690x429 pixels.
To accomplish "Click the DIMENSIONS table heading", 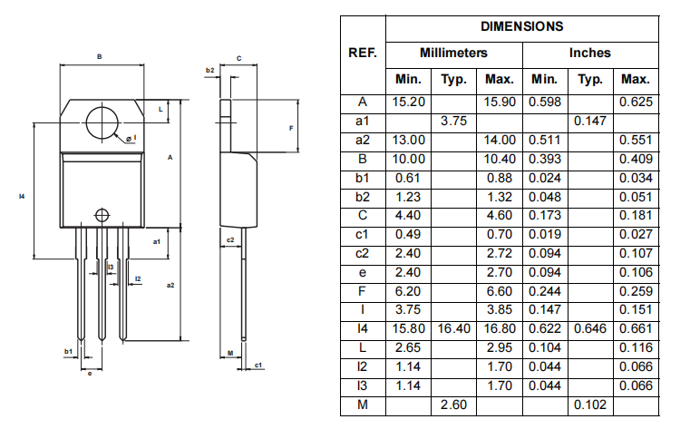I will click(x=521, y=27).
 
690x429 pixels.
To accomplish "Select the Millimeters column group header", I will click(x=453, y=54).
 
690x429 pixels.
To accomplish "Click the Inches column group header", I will click(x=589, y=54).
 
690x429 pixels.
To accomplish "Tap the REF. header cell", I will click(x=363, y=54).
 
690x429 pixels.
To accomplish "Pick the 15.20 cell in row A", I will click(x=409, y=102).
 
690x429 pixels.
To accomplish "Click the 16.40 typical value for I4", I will click(x=453, y=328).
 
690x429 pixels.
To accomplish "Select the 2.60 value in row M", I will click(x=453, y=405).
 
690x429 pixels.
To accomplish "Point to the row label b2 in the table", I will click(x=363, y=196).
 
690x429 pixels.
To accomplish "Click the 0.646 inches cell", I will click(x=589, y=328).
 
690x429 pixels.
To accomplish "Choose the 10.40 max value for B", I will click(x=500, y=159).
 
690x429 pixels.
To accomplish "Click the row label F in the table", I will click(x=363, y=290).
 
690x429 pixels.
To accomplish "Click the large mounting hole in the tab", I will click(x=105, y=122).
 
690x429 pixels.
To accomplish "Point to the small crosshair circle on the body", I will click(x=102, y=216).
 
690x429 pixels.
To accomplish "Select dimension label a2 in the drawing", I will click(x=170, y=285).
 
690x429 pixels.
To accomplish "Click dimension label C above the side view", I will click(x=238, y=58).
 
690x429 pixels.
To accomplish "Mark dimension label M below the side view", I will click(x=230, y=352).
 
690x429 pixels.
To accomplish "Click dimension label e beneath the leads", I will click(x=89, y=373).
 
